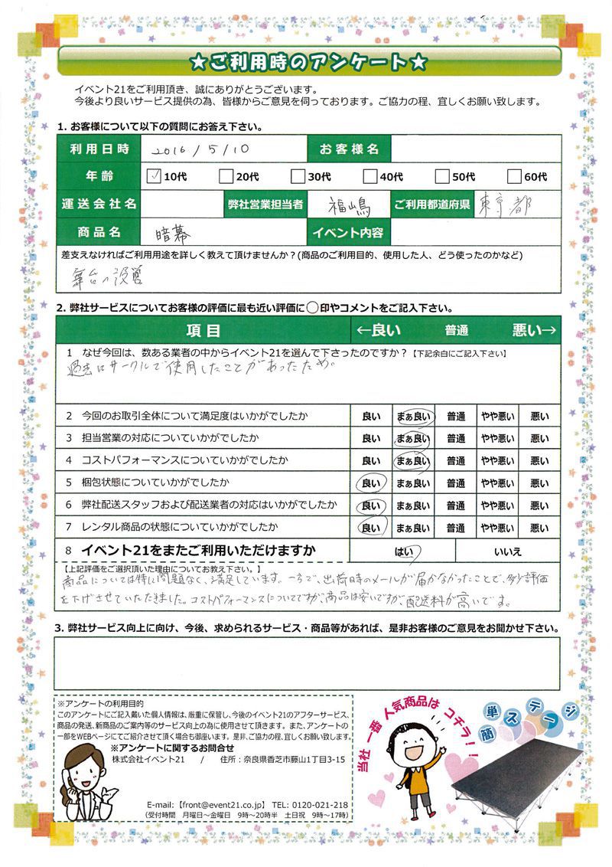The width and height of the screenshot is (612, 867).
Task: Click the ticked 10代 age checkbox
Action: click(153, 176)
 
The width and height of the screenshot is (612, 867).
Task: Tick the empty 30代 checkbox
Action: click(297, 176)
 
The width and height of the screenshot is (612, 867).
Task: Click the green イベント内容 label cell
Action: click(347, 232)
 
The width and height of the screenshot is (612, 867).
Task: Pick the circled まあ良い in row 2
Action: click(412, 416)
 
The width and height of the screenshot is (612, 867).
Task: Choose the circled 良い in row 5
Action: click(370, 483)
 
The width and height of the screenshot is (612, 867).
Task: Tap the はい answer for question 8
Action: click(403, 550)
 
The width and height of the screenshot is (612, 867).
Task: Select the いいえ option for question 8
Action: click(508, 550)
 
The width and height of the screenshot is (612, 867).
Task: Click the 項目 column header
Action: click(203, 330)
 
